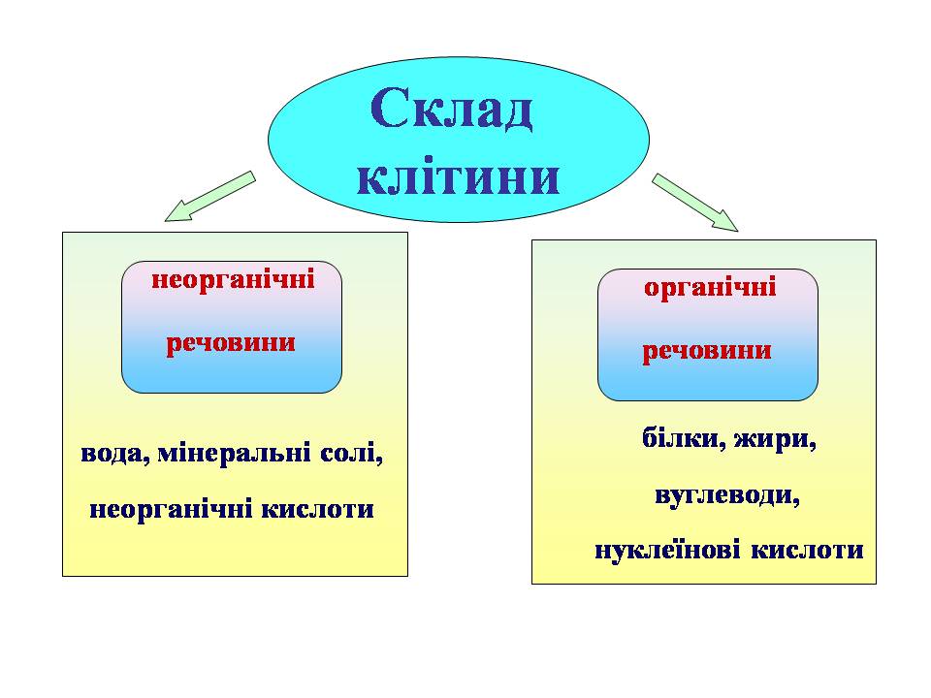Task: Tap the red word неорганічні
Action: tap(232, 281)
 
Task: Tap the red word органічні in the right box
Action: tap(710, 288)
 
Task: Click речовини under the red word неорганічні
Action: tap(232, 343)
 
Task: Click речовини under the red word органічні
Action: tap(708, 350)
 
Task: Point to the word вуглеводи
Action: tap(727, 495)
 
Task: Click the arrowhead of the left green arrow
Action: tap(176, 212)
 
